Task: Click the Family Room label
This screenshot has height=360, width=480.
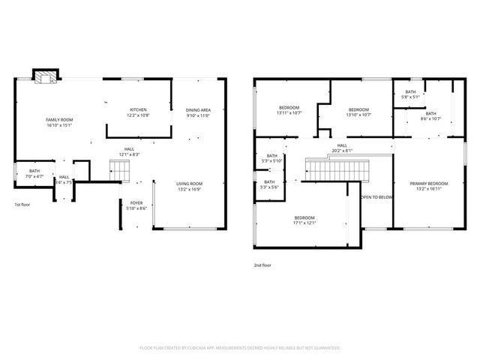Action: pos(59,123)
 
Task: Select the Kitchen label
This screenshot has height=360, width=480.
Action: pos(138,112)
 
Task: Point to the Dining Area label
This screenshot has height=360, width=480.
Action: pos(198,112)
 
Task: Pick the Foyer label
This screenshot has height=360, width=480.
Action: pos(136,205)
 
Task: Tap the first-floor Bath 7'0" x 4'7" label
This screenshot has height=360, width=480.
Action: pos(34,173)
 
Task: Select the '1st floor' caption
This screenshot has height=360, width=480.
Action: pos(22,205)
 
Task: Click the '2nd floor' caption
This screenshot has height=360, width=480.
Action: pos(262,265)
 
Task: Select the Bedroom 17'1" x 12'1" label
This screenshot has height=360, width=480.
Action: pos(304,219)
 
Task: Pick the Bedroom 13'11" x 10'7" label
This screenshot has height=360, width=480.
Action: pos(289,111)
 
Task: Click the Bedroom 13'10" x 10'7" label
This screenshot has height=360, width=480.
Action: pos(358,112)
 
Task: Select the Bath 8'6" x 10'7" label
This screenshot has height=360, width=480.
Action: pos(430,116)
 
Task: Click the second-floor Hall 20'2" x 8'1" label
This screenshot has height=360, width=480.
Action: pos(341,148)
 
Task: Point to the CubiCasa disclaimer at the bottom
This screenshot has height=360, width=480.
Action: pos(240,348)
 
